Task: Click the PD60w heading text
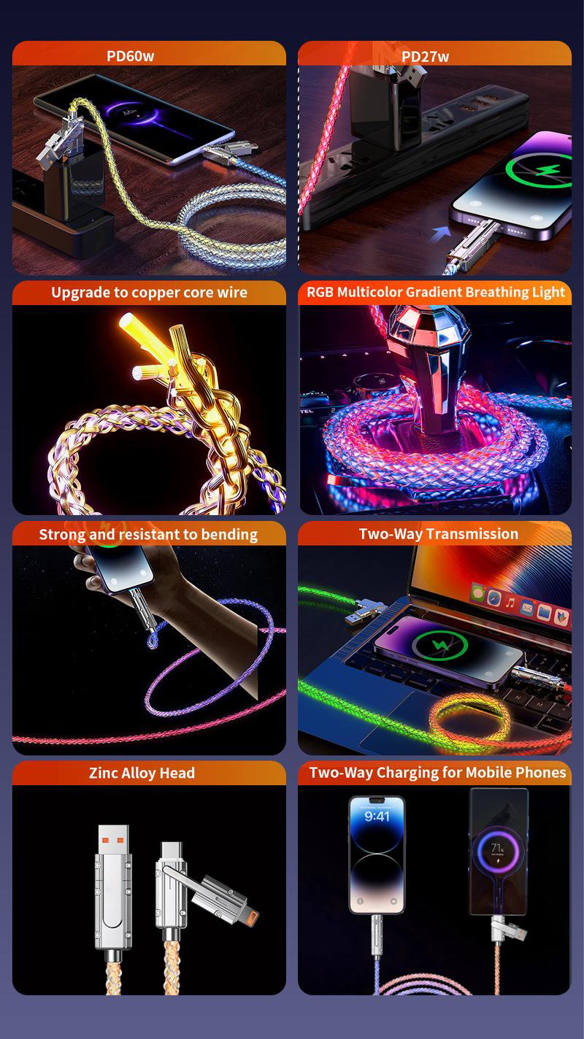click(x=130, y=56)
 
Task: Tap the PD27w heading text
click(x=425, y=57)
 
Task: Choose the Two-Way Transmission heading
click(x=438, y=534)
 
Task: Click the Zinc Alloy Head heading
click(x=142, y=773)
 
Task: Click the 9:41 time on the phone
click(x=377, y=816)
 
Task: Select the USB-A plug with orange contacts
click(x=113, y=846)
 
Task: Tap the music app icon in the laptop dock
click(x=510, y=603)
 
